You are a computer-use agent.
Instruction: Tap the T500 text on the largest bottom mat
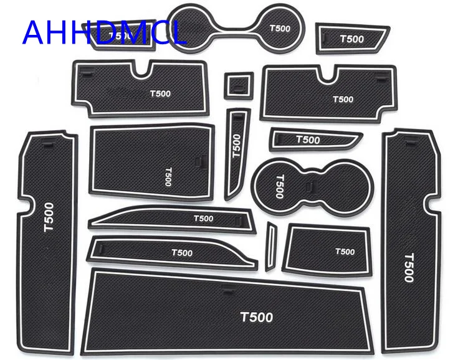point(257,317)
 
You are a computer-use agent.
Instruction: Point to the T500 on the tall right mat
point(408,267)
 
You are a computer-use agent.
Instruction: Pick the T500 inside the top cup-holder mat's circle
point(280,29)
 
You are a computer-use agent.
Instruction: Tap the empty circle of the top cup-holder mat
point(198,24)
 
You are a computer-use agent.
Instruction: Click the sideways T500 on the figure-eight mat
point(279,185)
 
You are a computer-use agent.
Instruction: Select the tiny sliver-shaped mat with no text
point(271,245)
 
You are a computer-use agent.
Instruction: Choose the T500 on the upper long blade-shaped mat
point(203,219)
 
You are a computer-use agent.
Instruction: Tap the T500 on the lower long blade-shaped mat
point(181,253)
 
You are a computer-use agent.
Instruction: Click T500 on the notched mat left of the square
point(160,94)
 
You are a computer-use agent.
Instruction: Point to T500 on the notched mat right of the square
point(343,99)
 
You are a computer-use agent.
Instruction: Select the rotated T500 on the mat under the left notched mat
point(167,177)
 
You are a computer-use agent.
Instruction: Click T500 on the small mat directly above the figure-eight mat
point(308,140)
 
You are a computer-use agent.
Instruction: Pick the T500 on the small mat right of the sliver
point(345,252)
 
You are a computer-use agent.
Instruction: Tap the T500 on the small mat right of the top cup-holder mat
point(352,39)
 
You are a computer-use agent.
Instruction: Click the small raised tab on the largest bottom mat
point(227,288)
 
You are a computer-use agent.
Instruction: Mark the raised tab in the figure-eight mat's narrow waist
point(310,184)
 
